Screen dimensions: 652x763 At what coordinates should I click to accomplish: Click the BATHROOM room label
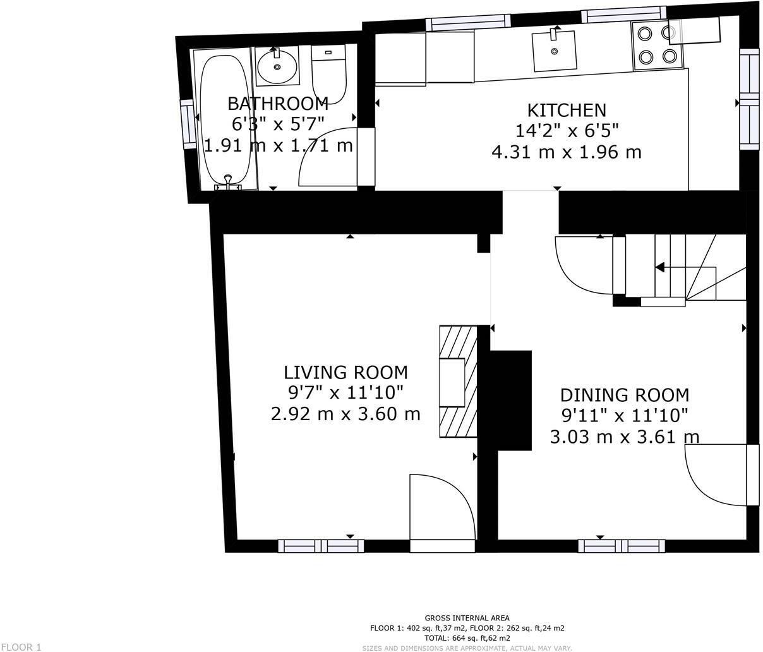tap(277, 104)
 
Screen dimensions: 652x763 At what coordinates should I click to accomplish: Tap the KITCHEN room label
tap(567, 111)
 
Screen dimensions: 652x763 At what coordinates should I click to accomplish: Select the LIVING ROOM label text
tap(345, 372)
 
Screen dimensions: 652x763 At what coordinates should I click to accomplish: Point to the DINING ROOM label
tap(625, 395)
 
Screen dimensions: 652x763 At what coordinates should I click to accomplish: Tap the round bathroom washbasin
tap(278, 66)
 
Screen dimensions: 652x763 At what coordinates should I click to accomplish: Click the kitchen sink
tap(555, 51)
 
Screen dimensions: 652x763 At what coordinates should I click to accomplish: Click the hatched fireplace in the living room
tap(458, 382)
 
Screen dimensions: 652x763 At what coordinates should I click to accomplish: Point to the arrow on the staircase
tap(659, 267)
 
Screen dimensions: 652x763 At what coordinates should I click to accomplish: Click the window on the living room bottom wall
tap(321, 546)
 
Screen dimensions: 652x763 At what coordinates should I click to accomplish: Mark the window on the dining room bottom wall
tap(622, 546)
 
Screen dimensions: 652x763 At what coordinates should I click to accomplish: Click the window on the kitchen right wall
tap(749, 100)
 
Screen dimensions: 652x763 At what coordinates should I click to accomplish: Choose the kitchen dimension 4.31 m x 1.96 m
tap(567, 152)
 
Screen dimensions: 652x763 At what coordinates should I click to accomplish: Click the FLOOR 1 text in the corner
tap(21, 646)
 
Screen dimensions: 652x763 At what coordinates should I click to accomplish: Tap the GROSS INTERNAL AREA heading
tap(467, 618)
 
